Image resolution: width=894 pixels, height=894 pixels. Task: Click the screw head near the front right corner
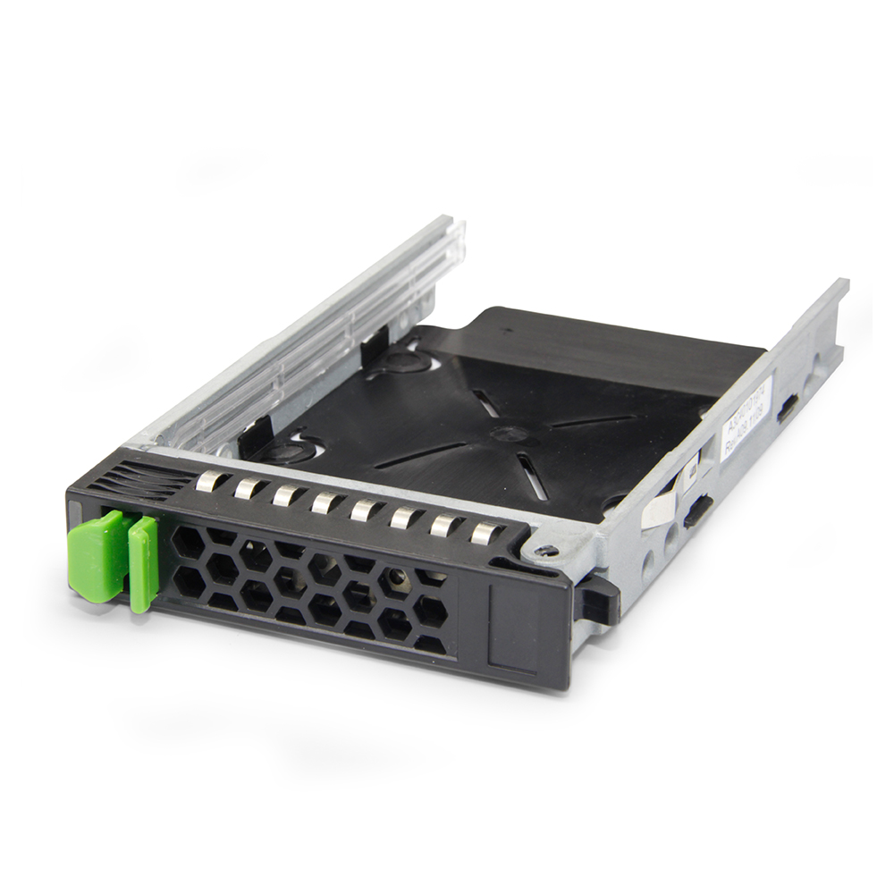(x=544, y=550)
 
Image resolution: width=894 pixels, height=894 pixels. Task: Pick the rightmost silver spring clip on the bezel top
(x=485, y=533)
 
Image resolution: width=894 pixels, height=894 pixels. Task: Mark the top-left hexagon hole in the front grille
(x=189, y=541)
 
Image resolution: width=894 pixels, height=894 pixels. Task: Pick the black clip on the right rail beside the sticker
(x=787, y=409)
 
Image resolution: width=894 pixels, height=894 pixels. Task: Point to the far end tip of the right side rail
(x=840, y=286)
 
